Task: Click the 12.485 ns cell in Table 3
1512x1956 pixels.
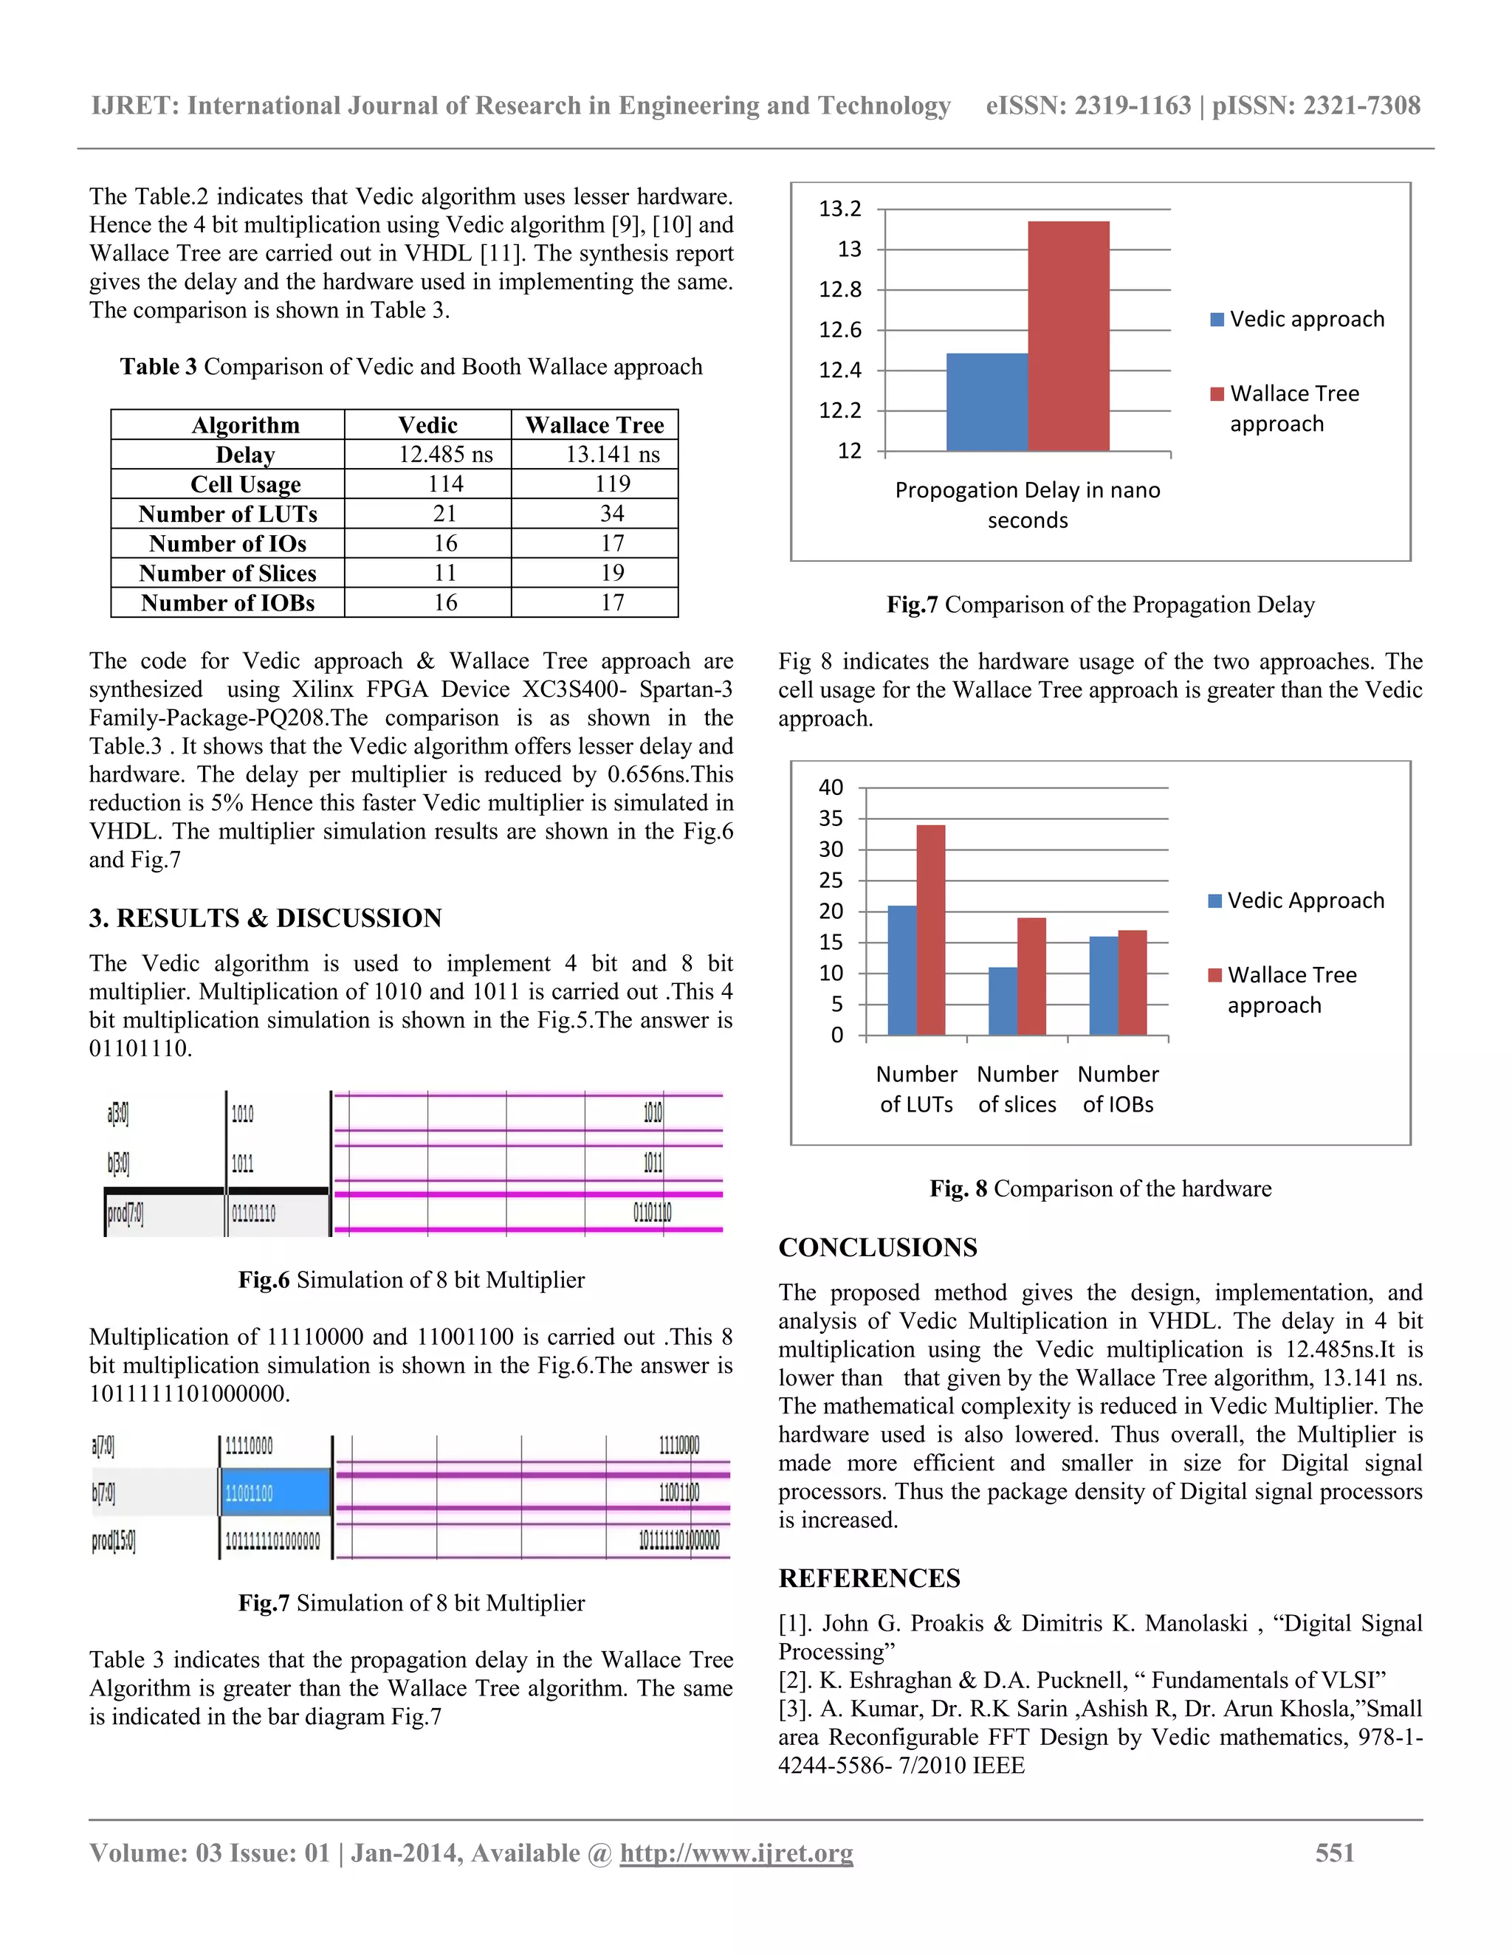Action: click(445, 454)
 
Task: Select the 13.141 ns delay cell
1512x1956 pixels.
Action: click(612, 454)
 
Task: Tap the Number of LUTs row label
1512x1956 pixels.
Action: click(227, 514)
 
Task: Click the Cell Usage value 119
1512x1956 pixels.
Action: click(612, 483)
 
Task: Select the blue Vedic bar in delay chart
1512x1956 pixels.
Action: click(986, 402)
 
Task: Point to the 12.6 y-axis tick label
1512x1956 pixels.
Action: click(839, 331)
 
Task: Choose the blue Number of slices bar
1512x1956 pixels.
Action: click(1003, 1002)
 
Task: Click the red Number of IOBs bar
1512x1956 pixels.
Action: click(1133, 982)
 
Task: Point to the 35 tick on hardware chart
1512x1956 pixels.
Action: click(831, 819)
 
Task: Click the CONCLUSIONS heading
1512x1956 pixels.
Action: click(877, 1247)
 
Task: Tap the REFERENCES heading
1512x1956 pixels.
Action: click(869, 1578)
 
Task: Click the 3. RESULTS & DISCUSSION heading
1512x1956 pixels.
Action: click(265, 918)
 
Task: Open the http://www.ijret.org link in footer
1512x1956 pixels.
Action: click(736, 1853)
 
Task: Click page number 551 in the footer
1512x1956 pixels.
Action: click(1334, 1853)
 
